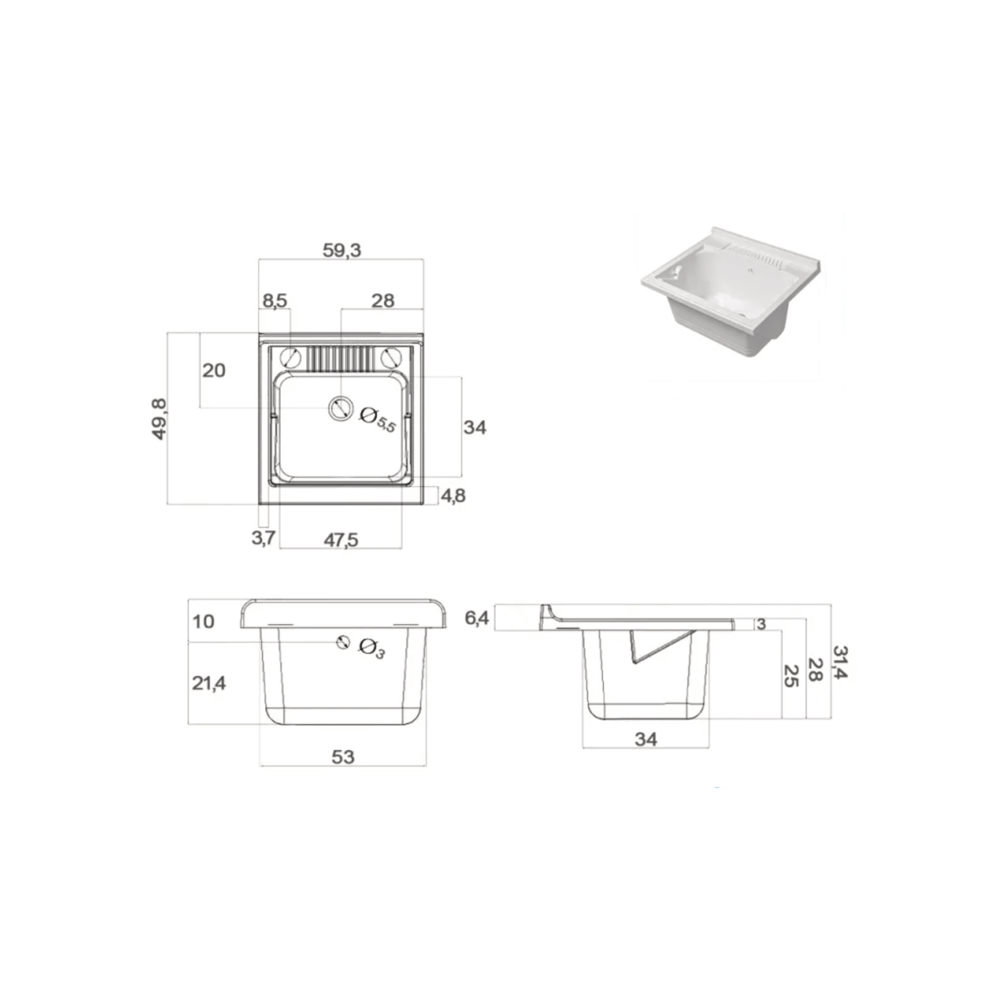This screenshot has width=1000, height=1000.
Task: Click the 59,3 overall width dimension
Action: click(x=342, y=250)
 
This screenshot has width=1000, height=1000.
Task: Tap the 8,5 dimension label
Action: click(x=274, y=301)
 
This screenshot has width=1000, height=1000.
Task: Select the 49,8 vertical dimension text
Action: click(x=159, y=419)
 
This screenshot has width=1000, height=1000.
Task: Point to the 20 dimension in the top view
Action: click(x=214, y=371)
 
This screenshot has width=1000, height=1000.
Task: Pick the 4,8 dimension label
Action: click(x=453, y=496)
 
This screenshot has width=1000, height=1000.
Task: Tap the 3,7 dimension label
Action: click(x=264, y=538)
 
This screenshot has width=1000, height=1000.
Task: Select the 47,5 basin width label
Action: click(x=341, y=541)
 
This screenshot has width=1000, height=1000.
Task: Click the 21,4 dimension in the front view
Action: click(x=209, y=683)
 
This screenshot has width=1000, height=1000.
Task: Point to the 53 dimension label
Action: click(x=343, y=757)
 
